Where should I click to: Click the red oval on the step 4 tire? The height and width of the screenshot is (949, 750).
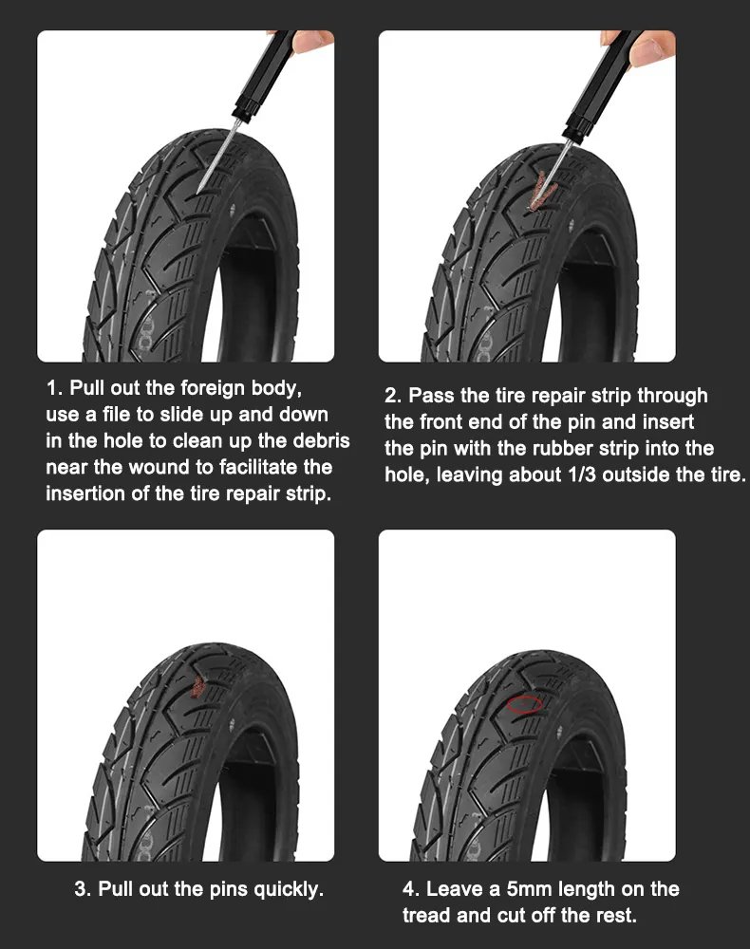pos(524,704)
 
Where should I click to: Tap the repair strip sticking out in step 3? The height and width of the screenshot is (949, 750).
pos(197,686)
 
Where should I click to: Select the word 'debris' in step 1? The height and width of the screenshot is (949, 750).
pos(321,440)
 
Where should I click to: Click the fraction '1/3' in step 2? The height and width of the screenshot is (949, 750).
pos(580,474)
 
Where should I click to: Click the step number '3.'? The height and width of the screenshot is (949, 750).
pos(83,889)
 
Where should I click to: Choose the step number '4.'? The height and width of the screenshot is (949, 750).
pos(412,889)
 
